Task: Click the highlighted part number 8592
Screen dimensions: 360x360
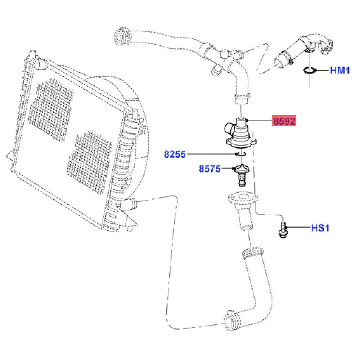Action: tap(284, 121)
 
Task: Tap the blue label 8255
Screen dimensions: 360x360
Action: tap(175, 154)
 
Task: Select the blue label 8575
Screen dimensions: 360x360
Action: tap(210, 169)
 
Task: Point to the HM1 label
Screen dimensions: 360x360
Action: tap(340, 70)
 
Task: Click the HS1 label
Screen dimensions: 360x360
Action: tap(320, 228)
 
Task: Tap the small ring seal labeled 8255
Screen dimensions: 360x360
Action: tap(241, 154)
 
